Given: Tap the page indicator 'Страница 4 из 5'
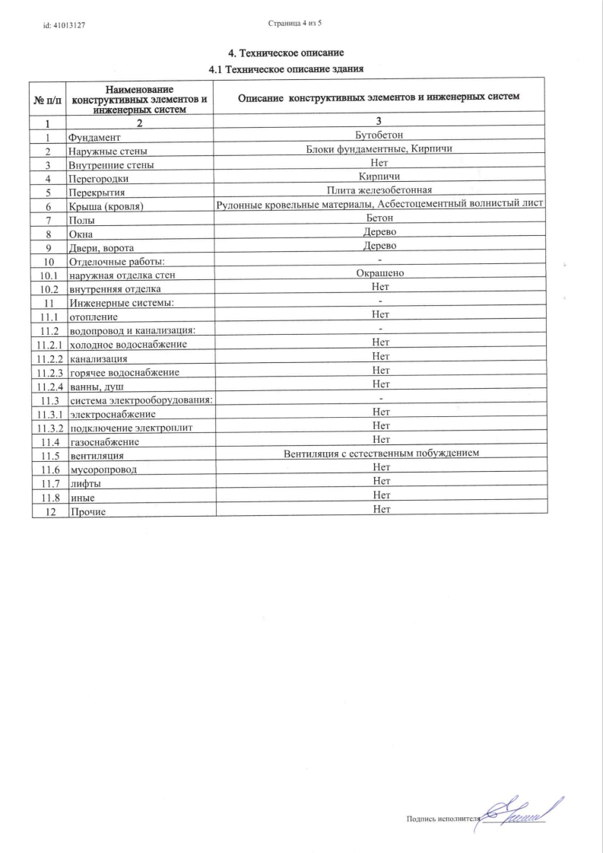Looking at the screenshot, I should [x=296, y=24].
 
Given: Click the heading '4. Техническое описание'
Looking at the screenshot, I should [x=287, y=53].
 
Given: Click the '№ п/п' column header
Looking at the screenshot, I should [x=47, y=99].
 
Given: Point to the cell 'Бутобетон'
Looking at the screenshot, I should [x=379, y=135].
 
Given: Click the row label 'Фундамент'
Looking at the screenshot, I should [x=94, y=138].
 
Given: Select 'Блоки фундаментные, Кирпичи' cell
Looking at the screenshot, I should [x=379, y=149].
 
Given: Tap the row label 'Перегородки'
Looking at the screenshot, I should [x=98, y=179].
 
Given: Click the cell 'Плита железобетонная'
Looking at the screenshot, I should [x=379, y=190].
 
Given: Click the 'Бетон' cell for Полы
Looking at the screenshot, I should [x=379, y=218].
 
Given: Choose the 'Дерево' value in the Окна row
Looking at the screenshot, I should [x=379, y=231].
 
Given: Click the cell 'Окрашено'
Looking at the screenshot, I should [x=379, y=272].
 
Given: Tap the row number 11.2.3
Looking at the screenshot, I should [x=47, y=372].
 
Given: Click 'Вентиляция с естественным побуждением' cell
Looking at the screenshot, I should [x=379, y=454].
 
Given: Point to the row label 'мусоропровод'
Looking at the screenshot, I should [x=103, y=469].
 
